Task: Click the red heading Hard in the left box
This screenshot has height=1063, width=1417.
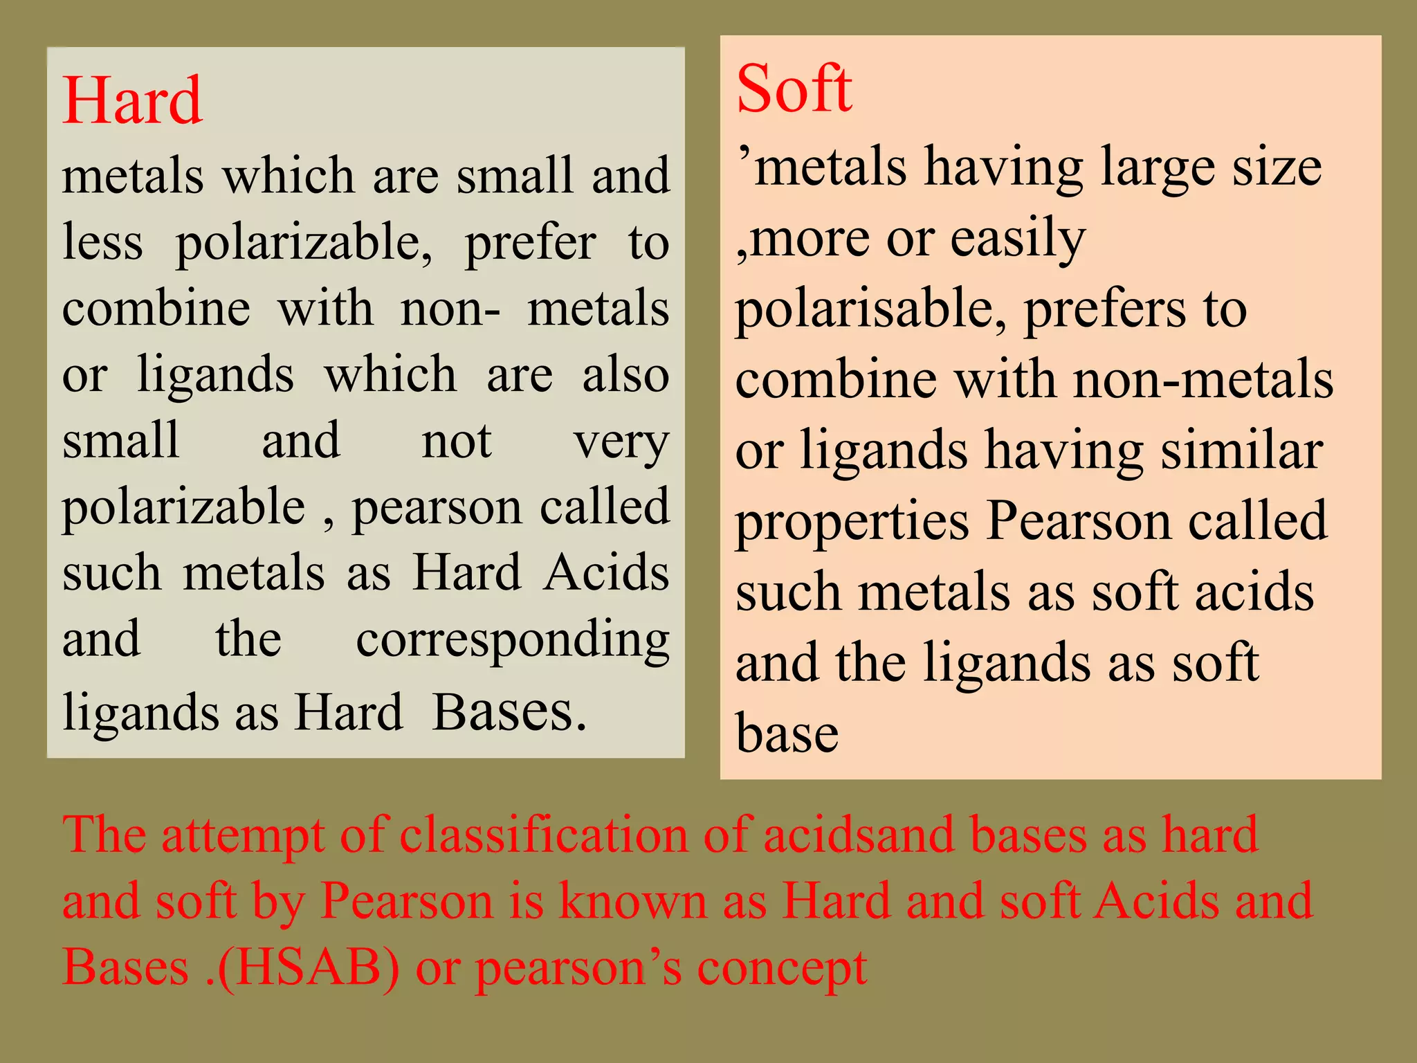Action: (132, 101)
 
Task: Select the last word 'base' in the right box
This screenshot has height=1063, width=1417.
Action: (787, 733)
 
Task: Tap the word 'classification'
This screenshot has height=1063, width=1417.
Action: (544, 835)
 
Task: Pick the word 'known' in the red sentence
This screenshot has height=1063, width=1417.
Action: (633, 901)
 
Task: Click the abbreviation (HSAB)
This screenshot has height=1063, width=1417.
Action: (309, 967)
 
